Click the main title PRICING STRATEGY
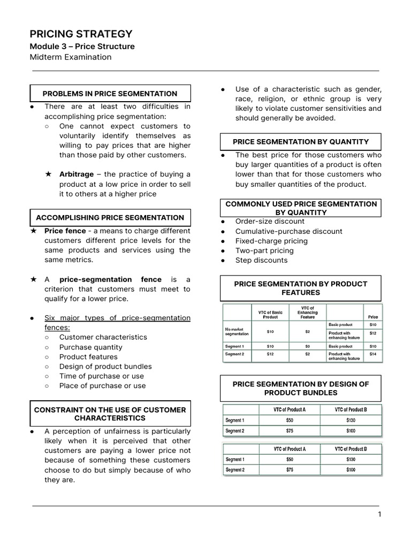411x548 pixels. [81, 34]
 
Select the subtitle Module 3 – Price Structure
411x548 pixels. [82, 47]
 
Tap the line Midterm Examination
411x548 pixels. [71, 57]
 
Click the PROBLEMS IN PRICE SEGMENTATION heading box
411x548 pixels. [110, 94]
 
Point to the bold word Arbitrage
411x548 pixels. [76, 174]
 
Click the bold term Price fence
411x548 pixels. [65, 231]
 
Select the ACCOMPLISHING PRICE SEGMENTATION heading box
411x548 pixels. [110, 218]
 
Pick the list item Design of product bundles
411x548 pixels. [105, 367]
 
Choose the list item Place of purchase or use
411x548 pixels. [102, 386]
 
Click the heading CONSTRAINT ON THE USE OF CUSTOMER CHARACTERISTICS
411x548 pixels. [110, 414]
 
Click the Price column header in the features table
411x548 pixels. [372, 317]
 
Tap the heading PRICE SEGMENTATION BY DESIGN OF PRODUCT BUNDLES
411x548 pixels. [301, 389]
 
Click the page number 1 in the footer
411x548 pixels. [379, 515]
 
